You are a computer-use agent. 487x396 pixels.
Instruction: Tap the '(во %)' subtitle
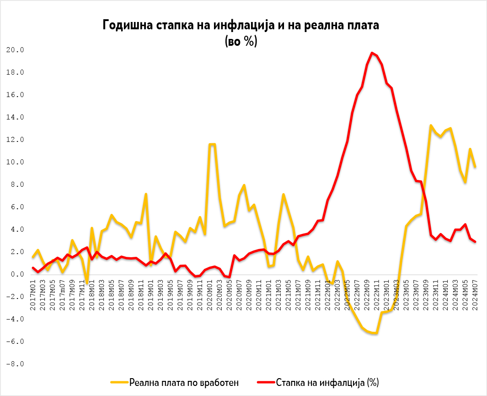click(241, 41)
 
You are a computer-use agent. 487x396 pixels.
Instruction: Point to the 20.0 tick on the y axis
click(15, 50)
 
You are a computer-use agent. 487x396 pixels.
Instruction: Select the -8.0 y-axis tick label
click(15, 364)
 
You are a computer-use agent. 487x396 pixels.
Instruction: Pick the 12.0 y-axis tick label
click(15, 140)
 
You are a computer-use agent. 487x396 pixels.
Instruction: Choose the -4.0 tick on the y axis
click(15, 319)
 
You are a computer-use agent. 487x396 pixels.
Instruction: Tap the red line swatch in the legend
click(265, 382)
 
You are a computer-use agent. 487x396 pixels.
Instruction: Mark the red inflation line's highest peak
click(372, 53)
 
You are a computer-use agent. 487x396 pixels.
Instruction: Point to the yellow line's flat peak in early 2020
click(212, 145)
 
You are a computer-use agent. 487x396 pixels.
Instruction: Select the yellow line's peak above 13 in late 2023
click(431, 125)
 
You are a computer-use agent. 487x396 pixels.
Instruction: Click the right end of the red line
click(476, 242)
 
